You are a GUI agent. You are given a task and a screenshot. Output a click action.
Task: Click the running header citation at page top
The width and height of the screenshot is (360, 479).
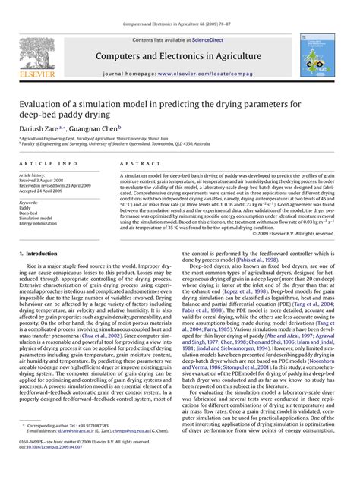180,9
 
